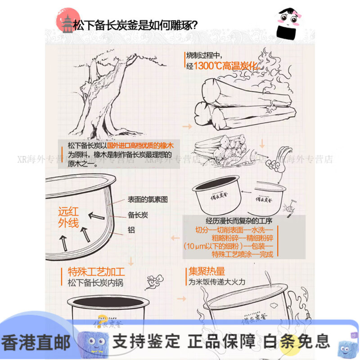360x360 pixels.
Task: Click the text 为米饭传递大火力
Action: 217,283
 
